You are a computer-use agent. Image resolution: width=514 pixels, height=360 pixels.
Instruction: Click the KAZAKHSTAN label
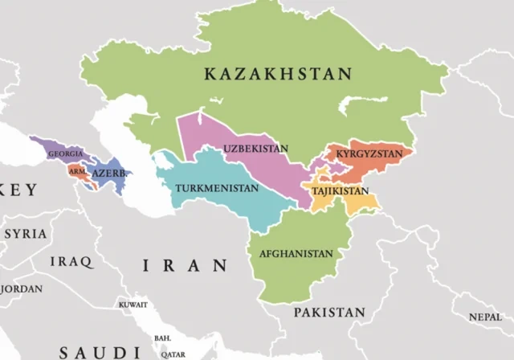[278, 75]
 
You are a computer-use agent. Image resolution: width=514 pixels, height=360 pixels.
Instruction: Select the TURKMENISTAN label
[217, 189]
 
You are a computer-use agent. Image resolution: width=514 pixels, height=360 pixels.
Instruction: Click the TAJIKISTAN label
[340, 192]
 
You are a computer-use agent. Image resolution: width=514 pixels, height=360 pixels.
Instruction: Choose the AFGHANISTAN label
[296, 254]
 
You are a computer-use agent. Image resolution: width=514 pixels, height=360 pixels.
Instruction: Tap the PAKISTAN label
[328, 312]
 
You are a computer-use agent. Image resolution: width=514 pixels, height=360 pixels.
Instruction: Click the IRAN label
[185, 266]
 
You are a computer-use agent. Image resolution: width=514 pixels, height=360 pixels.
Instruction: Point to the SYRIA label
[26, 234]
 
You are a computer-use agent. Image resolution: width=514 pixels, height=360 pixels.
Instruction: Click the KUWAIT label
[133, 305]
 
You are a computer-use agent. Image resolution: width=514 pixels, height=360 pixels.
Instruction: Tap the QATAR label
[173, 354]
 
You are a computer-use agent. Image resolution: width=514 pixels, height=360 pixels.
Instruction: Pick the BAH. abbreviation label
[163, 337]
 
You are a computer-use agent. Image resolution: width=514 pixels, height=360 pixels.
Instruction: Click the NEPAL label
[487, 317]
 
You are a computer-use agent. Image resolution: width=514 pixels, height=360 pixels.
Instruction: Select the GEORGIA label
[64, 153]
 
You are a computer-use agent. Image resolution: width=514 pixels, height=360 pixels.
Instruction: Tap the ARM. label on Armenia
[76, 171]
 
